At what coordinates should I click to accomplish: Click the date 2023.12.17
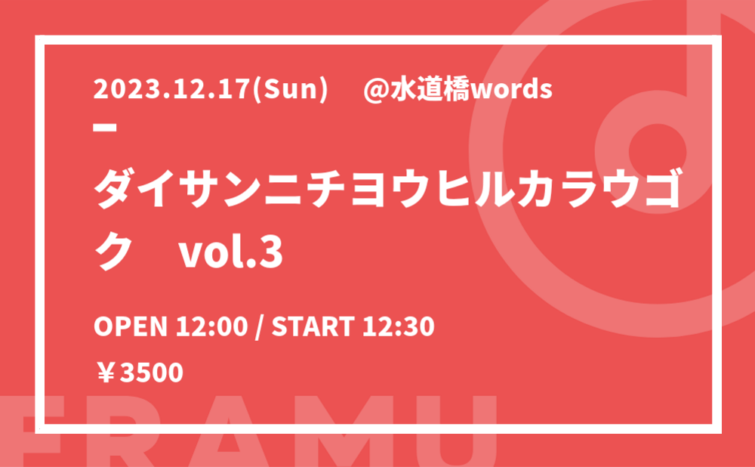(172, 90)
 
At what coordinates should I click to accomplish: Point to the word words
(511, 90)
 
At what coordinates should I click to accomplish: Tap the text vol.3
(230, 252)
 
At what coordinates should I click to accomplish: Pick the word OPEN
(130, 326)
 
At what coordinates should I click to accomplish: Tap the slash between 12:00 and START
(260, 326)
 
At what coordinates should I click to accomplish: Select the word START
(313, 326)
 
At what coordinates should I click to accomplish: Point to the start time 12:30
(398, 326)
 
